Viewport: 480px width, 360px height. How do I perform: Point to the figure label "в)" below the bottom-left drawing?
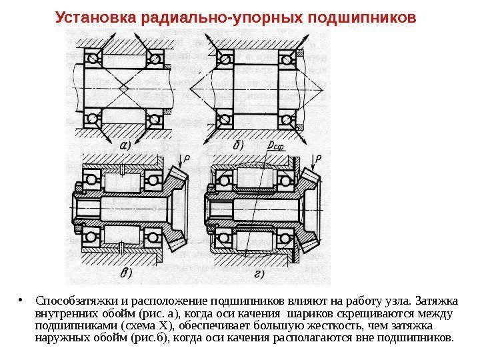click(x=124, y=273)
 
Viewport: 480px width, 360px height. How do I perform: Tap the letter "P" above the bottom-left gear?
click(x=187, y=158)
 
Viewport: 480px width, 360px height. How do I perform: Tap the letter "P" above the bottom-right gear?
click(x=319, y=158)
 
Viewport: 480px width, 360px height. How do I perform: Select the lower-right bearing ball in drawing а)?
click(x=155, y=119)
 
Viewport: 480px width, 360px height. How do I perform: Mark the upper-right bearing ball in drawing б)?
click(x=289, y=59)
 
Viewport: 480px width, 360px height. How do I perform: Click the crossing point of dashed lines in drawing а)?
click(x=125, y=89)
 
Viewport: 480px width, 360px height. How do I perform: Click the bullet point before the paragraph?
click(x=25, y=297)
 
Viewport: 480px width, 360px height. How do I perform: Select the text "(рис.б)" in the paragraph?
click(x=151, y=337)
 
